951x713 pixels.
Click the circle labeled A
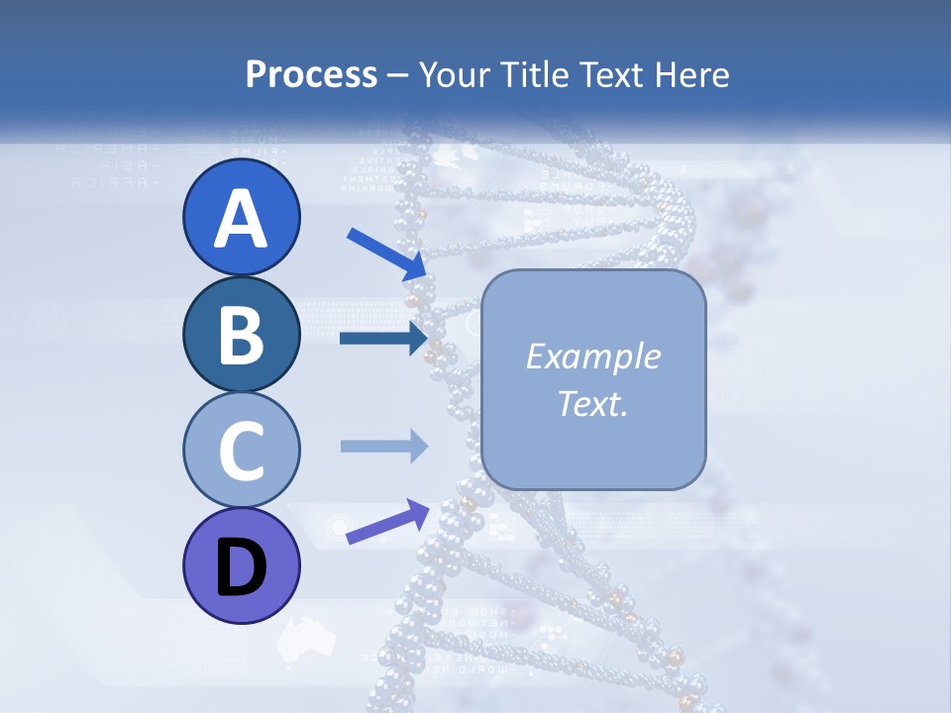(242, 217)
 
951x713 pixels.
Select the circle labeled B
(242, 334)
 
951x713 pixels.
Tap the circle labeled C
(242, 451)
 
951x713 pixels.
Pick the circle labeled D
(242, 566)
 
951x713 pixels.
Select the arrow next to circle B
(382, 339)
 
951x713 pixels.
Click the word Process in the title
(311, 75)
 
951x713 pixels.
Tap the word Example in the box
(593, 356)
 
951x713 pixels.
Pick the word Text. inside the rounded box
(593, 404)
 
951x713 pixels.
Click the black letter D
(242, 568)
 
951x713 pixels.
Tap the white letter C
(242, 452)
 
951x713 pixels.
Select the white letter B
(242, 335)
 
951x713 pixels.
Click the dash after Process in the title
(398, 76)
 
